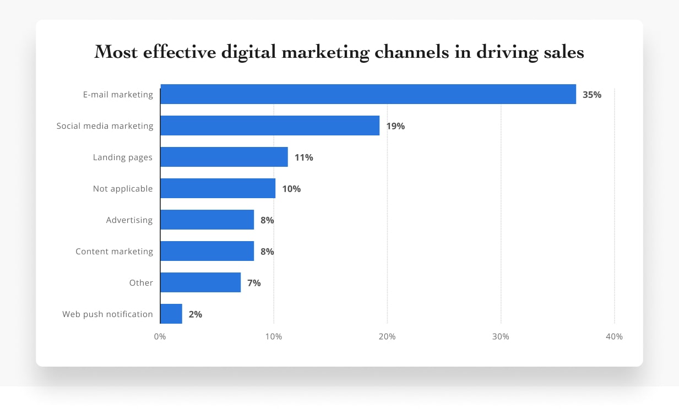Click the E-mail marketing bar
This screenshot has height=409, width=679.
click(368, 94)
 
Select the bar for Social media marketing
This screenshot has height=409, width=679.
click(270, 126)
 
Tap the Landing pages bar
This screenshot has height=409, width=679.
click(224, 157)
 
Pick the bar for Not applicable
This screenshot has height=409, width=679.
click(218, 188)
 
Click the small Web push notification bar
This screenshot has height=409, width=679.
click(171, 314)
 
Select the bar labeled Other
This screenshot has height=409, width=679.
click(200, 282)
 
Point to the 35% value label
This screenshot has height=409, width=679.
click(592, 95)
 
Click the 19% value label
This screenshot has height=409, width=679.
click(395, 126)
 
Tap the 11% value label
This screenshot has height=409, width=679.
click(304, 157)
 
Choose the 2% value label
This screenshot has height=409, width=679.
click(195, 314)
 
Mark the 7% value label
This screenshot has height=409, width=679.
click(254, 283)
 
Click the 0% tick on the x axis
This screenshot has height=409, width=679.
click(160, 336)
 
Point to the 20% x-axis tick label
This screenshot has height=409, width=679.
click(387, 336)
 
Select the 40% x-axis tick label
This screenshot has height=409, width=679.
click(614, 336)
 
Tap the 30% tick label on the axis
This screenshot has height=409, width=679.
click(501, 336)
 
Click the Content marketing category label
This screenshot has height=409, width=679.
click(114, 252)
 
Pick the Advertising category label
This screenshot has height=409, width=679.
click(129, 220)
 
